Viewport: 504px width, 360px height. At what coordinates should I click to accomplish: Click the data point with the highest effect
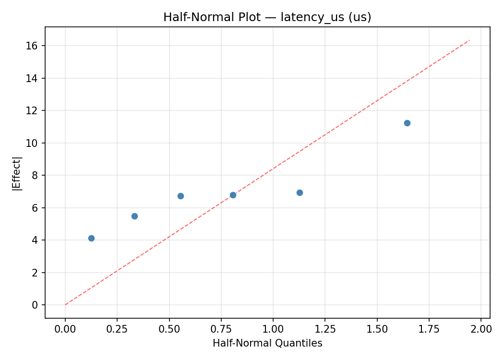click(x=407, y=123)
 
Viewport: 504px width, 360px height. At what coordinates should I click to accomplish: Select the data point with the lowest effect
click(x=91, y=238)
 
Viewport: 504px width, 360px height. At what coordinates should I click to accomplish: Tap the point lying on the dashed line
click(x=233, y=195)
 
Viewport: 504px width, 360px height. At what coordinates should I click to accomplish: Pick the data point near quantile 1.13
click(x=300, y=192)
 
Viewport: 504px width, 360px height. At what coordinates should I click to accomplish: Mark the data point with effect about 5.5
click(x=134, y=216)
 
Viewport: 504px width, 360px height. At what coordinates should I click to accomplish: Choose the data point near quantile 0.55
click(x=180, y=196)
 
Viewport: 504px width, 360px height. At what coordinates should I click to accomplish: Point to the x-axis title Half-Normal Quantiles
click(x=267, y=343)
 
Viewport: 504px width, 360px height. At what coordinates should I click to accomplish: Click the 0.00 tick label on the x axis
click(x=65, y=329)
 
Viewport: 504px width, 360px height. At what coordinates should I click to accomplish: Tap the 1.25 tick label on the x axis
click(x=325, y=329)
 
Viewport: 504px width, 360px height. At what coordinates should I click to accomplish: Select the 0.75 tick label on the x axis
click(x=221, y=329)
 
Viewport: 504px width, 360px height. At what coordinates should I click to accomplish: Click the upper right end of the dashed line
click(x=469, y=40)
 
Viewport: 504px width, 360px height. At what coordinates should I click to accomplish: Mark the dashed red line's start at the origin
click(x=65, y=305)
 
